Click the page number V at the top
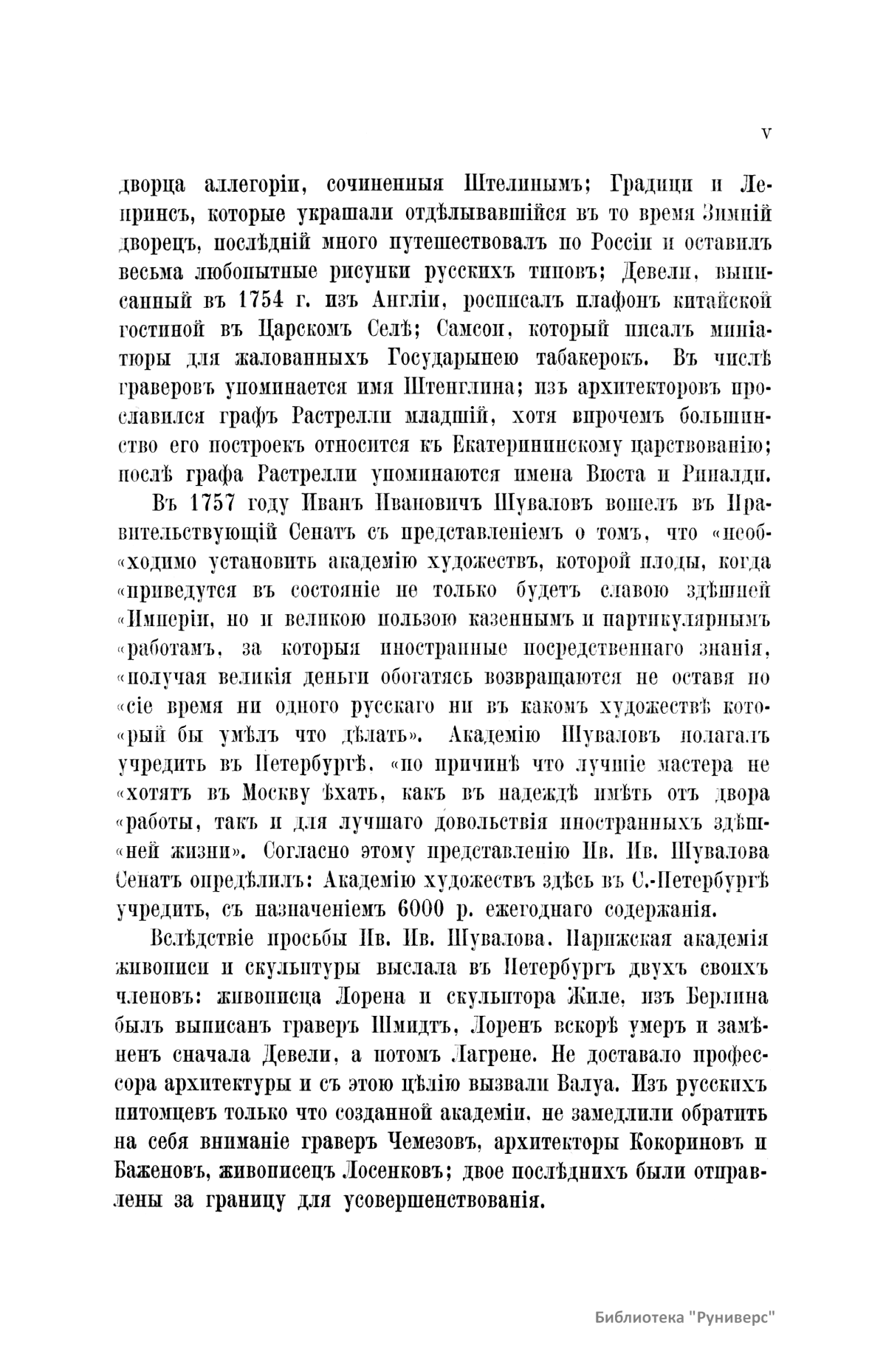766,133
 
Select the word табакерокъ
573,358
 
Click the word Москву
285,794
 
